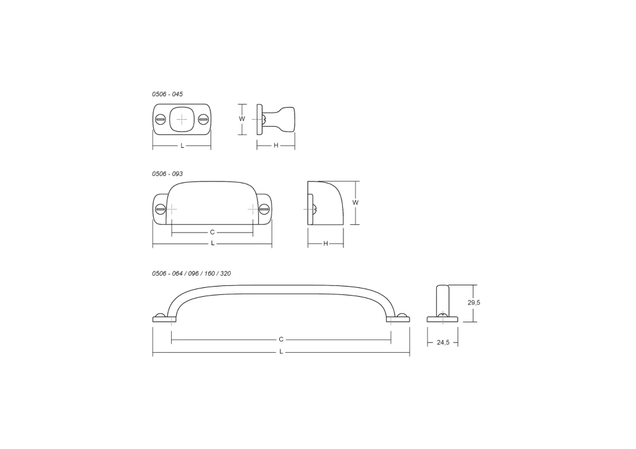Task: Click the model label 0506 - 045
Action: tap(167, 94)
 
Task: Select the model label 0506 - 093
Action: tap(167, 174)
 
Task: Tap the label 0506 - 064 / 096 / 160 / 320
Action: tap(191, 273)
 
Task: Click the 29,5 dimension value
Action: tap(474, 303)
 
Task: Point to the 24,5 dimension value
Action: tap(443, 343)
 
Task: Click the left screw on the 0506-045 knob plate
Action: tap(161, 120)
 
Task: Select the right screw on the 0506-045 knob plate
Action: tap(204, 120)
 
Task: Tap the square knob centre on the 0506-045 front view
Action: tap(182, 120)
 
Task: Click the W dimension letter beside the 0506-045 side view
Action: tap(242, 119)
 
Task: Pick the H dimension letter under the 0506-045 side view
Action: tap(276, 145)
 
